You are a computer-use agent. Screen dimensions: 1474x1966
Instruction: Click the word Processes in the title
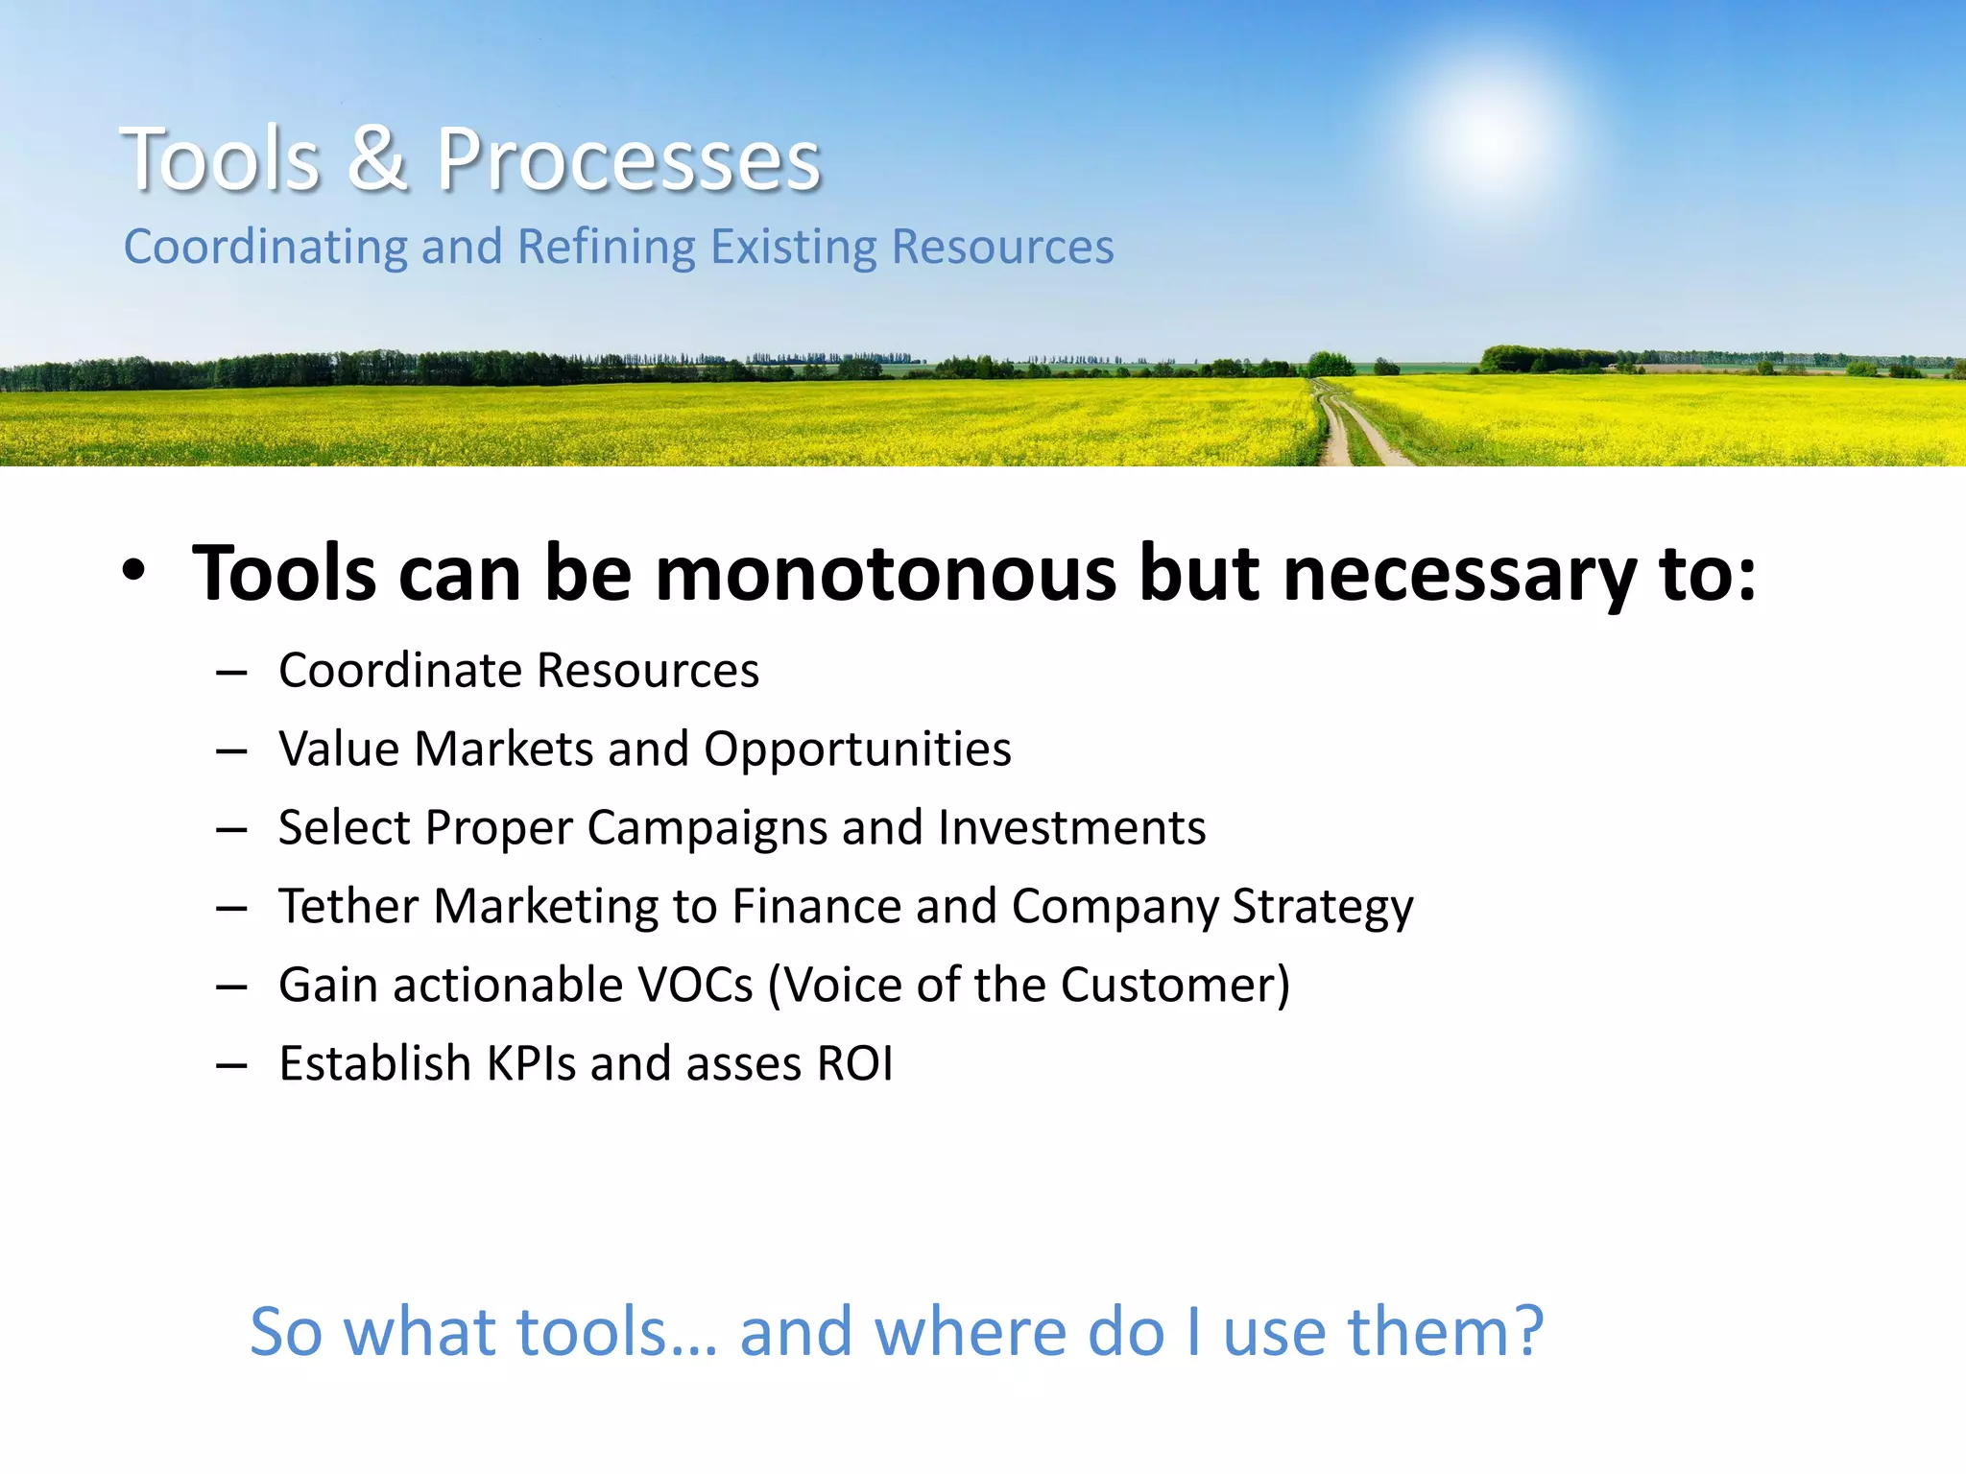pyautogui.click(x=629, y=160)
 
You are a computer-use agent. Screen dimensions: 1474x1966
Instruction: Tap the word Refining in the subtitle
pyautogui.click(x=607, y=247)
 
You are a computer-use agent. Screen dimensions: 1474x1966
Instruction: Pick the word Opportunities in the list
pyautogui.click(x=857, y=749)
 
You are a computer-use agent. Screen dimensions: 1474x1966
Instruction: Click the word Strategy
pyautogui.click(x=1322, y=907)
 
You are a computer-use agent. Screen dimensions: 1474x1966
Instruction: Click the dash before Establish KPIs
pyautogui.click(x=231, y=1065)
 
